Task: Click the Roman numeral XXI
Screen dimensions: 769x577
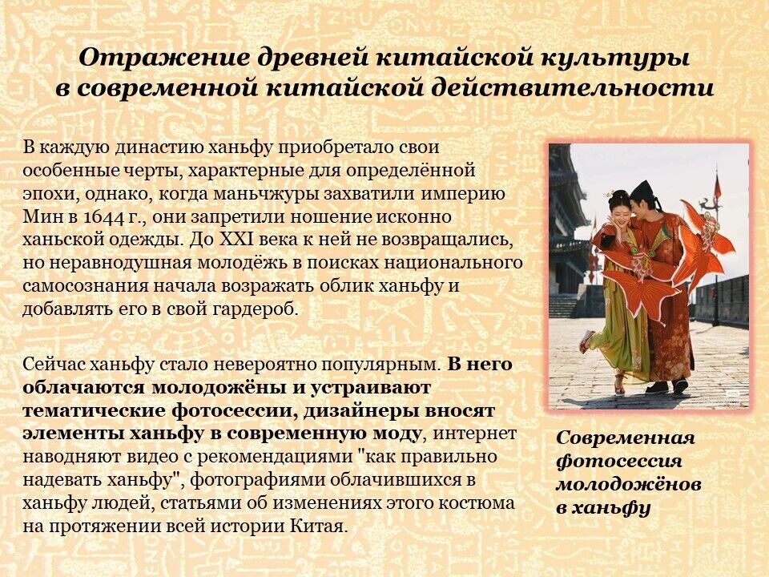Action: click(237, 240)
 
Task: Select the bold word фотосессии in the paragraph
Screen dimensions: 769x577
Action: click(229, 411)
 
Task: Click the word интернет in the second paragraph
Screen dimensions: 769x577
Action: click(473, 434)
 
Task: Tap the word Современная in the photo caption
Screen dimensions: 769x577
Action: click(626, 438)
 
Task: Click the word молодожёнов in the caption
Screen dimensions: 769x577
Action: click(628, 484)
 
